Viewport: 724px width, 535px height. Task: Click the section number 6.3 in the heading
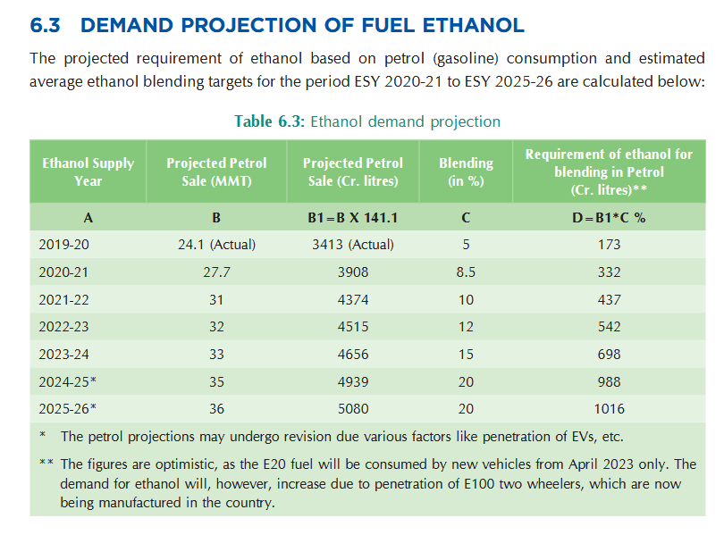pyautogui.click(x=45, y=25)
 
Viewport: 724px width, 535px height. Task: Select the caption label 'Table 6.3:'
pyautogui.click(x=270, y=121)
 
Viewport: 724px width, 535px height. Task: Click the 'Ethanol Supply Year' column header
pyautogui.click(x=88, y=171)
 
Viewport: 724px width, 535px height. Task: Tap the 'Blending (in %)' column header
pyautogui.click(x=466, y=171)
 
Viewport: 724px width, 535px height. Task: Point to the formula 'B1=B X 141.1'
pyautogui.click(x=353, y=218)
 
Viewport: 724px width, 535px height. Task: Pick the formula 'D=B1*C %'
pyautogui.click(x=609, y=218)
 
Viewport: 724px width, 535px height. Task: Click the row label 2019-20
pyautogui.click(x=63, y=245)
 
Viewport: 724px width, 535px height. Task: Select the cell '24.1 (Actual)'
pyautogui.click(x=216, y=245)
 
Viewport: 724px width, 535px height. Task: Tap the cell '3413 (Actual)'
pyautogui.click(x=353, y=245)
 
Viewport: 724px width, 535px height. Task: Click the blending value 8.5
pyautogui.click(x=466, y=272)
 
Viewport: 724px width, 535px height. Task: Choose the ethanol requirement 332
pyautogui.click(x=609, y=272)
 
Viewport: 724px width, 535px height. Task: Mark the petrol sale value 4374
pyautogui.click(x=353, y=300)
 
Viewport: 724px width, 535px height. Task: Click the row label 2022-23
pyautogui.click(x=63, y=327)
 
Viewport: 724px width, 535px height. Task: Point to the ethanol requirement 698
pyautogui.click(x=609, y=355)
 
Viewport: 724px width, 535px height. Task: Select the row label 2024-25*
pyautogui.click(x=67, y=382)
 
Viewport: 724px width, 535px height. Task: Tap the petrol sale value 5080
pyautogui.click(x=353, y=409)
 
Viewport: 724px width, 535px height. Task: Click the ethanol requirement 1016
pyautogui.click(x=609, y=409)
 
